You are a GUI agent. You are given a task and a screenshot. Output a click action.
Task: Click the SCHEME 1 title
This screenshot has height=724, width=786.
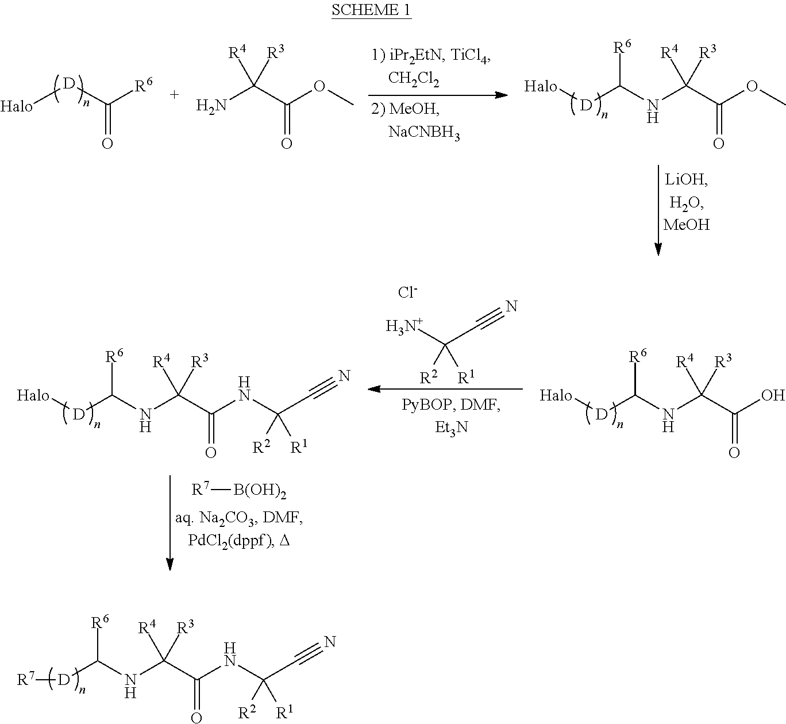click(x=371, y=9)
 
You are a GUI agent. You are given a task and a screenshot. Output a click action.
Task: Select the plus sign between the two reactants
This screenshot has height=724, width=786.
click(x=174, y=95)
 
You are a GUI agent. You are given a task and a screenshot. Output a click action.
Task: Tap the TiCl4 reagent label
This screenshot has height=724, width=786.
click(x=471, y=56)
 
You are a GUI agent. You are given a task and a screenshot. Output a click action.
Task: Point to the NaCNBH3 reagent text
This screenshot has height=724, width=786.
click(x=424, y=133)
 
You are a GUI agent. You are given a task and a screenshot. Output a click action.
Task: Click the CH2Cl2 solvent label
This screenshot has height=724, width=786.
click(x=413, y=79)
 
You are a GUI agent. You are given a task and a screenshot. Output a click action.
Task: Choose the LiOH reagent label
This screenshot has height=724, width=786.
click(x=686, y=180)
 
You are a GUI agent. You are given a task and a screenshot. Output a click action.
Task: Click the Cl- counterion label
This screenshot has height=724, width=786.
click(x=407, y=292)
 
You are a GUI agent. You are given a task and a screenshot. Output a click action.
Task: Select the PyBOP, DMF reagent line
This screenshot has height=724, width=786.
click(x=451, y=405)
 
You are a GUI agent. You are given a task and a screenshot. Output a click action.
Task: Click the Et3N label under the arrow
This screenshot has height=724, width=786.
click(x=452, y=427)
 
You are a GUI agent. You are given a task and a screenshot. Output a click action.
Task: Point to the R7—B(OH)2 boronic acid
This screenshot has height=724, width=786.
click(x=238, y=491)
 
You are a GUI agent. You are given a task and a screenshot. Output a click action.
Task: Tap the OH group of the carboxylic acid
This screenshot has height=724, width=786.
click(x=773, y=395)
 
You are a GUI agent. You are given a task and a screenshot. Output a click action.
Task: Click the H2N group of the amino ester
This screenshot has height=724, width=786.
click(x=211, y=106)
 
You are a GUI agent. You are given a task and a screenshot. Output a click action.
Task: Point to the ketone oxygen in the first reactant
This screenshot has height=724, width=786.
click(x=107, y=144)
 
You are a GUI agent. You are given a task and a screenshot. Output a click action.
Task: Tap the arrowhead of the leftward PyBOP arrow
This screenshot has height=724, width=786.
click(x=374, y=389)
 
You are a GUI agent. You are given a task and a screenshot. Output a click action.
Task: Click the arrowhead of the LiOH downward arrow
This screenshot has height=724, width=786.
click(x=658, y=249)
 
